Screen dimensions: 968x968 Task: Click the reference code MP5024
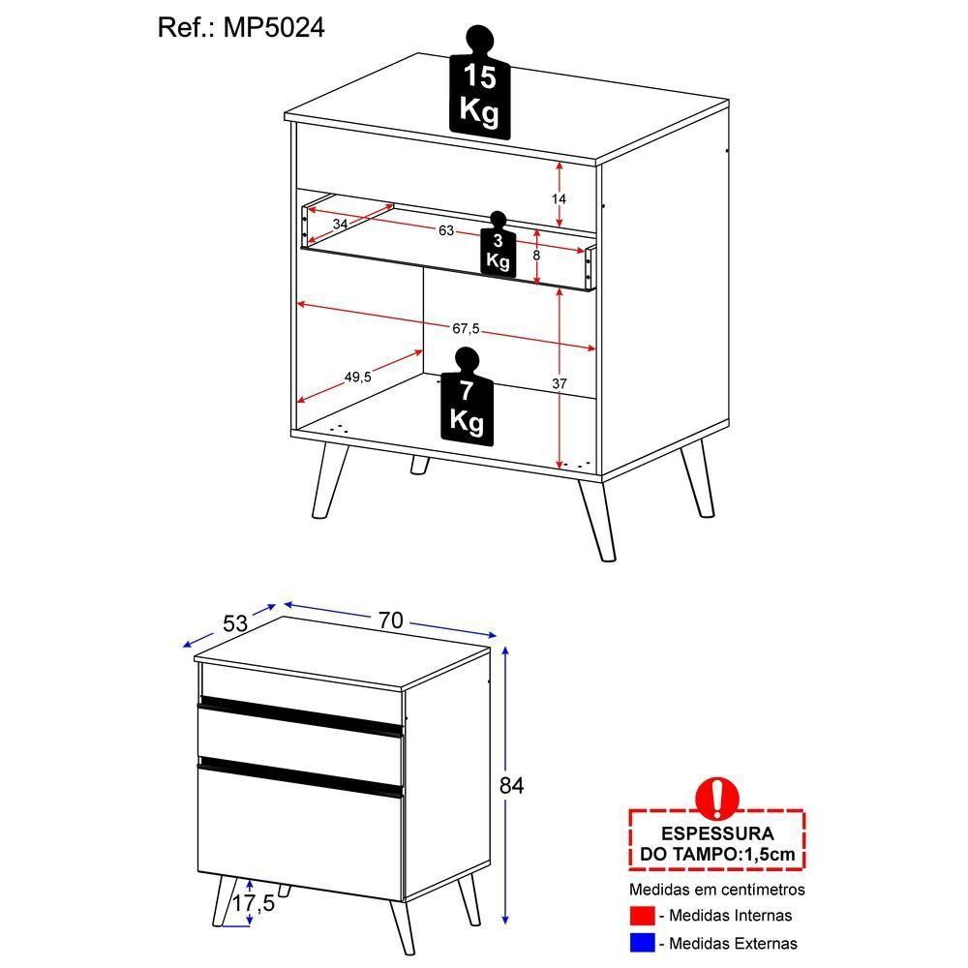click(x=274, y=28)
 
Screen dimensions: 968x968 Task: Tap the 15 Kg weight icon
click(x=480, y=92)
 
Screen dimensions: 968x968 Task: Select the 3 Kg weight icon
click(x=498, y=249)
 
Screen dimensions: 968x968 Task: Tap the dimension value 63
click(x=446, y=231)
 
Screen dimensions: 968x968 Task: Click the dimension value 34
click(x=340, y=224)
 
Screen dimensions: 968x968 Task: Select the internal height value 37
click(x=559, y=384)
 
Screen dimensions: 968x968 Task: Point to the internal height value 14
click(x=559, y=198)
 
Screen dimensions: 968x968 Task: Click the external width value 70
click(x=390, y=620)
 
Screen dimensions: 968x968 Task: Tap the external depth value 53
click(x=235, y=623)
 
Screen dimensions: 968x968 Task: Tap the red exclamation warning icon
click(x=717, y=797)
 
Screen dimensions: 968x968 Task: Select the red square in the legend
click(x=641, y=915)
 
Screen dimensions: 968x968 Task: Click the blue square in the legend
click(x=641, y=942)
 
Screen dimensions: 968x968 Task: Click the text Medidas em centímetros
click(x=716, y=889)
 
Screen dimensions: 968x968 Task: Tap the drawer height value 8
click(x=536, y=256)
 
